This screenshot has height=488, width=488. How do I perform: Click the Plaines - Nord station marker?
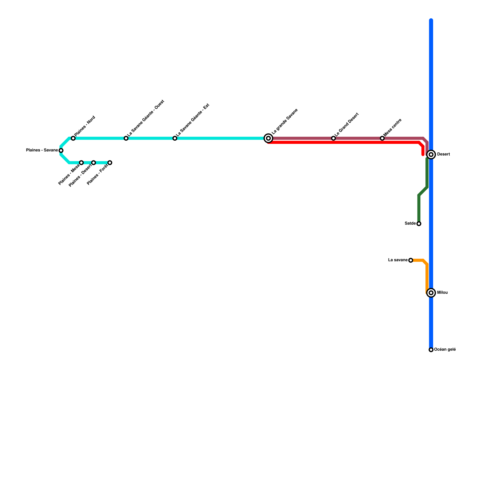tap(73, 138)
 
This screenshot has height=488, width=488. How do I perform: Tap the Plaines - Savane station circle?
tap(61, 150)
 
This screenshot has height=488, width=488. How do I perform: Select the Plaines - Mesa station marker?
tap(81, 163)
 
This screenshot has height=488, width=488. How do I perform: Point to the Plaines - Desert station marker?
tap(94, 163)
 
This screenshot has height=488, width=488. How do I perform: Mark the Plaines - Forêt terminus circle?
tap(110, 163)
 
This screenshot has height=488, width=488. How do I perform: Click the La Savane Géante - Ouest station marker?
tap(126, 138)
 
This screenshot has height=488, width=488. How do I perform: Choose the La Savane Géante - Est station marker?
tap(175, 138)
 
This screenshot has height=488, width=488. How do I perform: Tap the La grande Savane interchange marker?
tap(268, 138)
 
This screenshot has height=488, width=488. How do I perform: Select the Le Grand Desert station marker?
tap(333, 138)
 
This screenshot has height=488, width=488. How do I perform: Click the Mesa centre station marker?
tap(382, 138)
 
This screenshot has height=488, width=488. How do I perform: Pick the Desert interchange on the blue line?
tap(431, 155)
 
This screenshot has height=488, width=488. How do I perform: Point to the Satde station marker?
tap(419, 224)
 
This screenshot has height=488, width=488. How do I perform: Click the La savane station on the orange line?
tap(411, 260)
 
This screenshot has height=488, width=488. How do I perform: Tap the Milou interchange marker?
tap(431, 293)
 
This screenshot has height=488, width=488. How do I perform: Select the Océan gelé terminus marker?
tap(431, 350)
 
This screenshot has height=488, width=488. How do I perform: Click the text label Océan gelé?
tap(445, 350)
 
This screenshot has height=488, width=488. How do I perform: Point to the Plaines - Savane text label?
tap(42, 150)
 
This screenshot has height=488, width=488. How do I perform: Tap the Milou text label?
tap(443, 293)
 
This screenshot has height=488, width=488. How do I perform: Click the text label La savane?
tap(398, 260)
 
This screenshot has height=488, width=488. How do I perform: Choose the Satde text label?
tap(410, 224)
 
